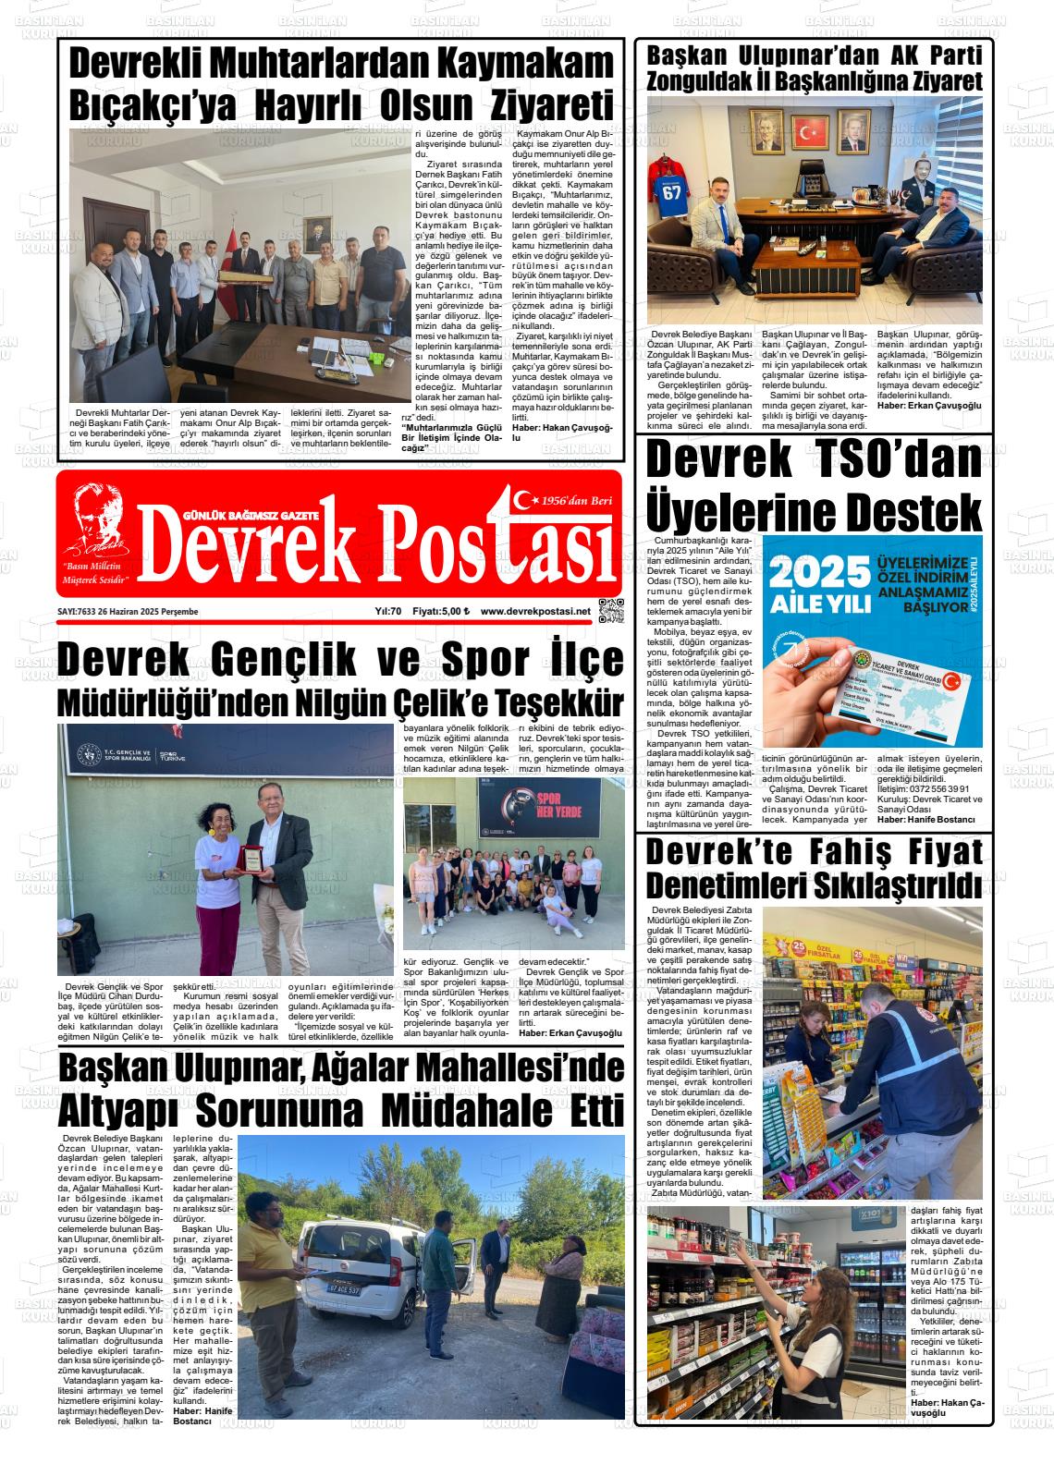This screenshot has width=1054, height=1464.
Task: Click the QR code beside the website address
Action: tap(611, 611)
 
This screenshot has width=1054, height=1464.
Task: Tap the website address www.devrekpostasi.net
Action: tap(535, 612)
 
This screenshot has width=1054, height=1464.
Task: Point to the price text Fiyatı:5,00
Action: tap(441, 612)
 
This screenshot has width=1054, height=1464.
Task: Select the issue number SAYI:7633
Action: tap(77, 612)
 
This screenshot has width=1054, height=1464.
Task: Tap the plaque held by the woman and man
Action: tap(251, 861)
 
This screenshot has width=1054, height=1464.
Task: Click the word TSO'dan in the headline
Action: tap(887, 459)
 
